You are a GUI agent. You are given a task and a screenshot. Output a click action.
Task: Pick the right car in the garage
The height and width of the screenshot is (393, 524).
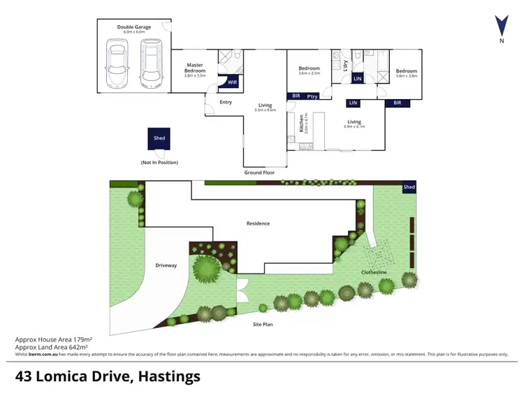150,64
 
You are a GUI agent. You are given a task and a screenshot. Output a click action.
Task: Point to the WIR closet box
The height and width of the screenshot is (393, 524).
231,82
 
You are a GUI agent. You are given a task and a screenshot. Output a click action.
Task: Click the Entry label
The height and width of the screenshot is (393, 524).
226,102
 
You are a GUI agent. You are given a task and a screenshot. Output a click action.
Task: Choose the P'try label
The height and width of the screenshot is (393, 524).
312,96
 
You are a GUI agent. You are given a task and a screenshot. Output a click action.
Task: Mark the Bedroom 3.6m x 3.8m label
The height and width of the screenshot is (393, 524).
406,73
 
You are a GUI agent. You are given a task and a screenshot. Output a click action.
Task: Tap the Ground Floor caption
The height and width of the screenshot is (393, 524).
259,172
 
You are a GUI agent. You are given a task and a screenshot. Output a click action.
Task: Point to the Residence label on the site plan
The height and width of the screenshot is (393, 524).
258,223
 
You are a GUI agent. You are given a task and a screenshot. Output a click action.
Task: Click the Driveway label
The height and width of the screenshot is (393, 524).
166,265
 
